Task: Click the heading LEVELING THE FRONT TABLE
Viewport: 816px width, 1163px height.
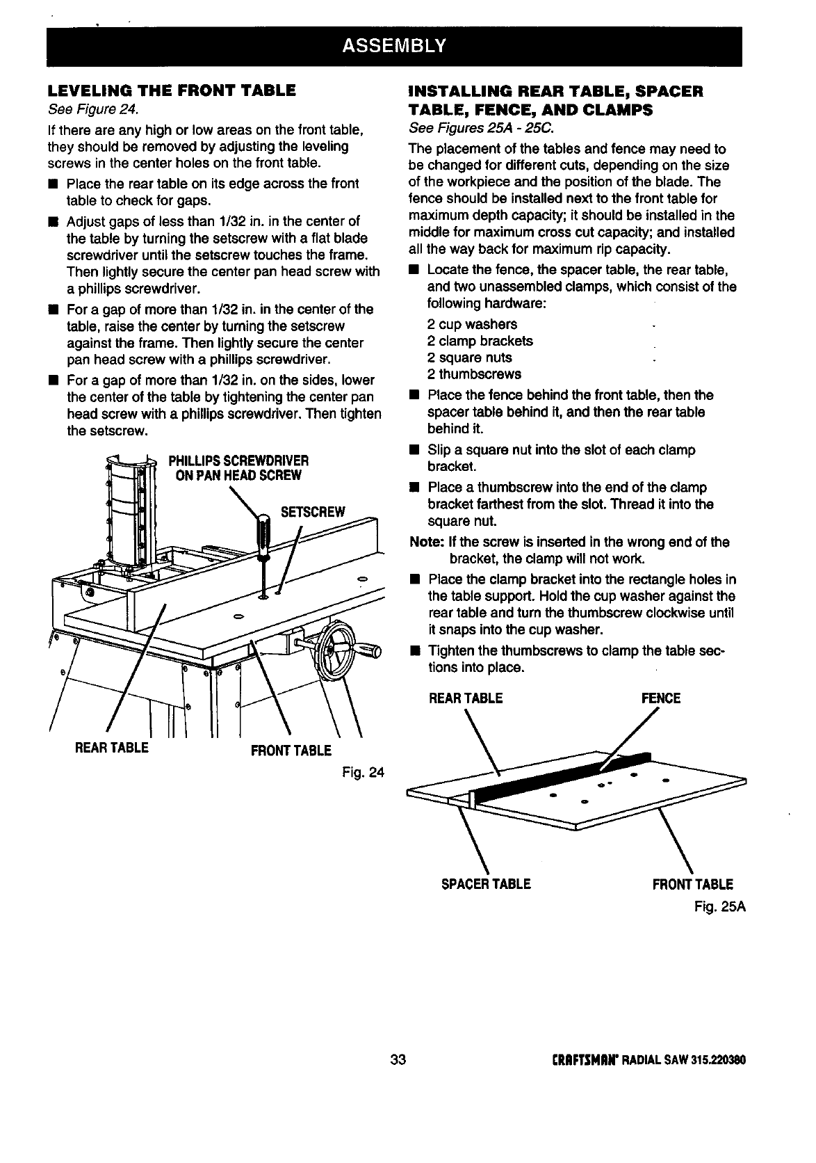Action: click(x=172, y=90)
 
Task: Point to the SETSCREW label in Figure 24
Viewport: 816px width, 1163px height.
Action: click(x=312, y=513)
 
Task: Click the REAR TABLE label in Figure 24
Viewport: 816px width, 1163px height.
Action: click(x=113, y=748)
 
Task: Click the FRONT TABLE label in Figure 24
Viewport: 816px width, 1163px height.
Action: click(x=291, y=751)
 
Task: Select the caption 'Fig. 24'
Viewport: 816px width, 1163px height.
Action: click(x=362, y=773)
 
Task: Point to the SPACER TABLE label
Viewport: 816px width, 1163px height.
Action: click(x=486, y=884)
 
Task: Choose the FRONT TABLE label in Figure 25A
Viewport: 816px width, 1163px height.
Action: click(x=692, y=885)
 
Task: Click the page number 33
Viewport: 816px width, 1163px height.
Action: click(x=398, y=1059)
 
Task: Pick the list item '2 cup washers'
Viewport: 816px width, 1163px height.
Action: click(x=472, y=324)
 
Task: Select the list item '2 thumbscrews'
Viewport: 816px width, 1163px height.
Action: click(x=474, y=374)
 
